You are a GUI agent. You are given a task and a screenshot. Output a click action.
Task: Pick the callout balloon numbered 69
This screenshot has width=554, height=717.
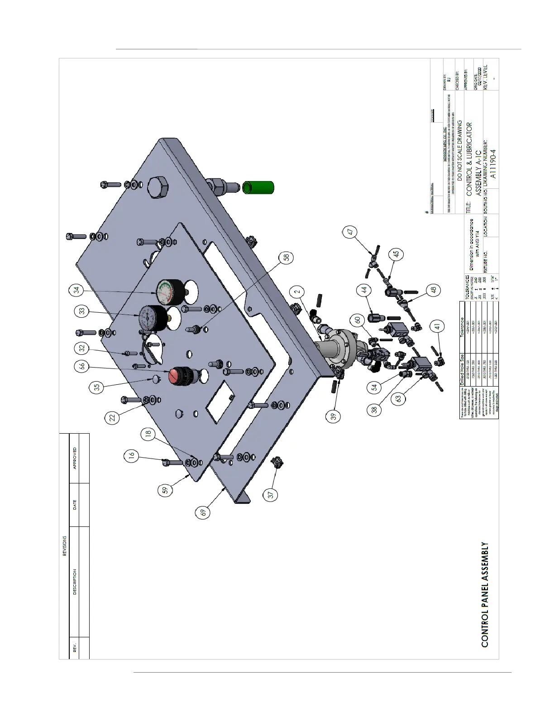(204, 511)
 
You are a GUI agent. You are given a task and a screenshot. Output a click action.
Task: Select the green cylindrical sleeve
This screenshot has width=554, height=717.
(256, 187)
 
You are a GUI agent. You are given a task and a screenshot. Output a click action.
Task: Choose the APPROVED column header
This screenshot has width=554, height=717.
(75, 458)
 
